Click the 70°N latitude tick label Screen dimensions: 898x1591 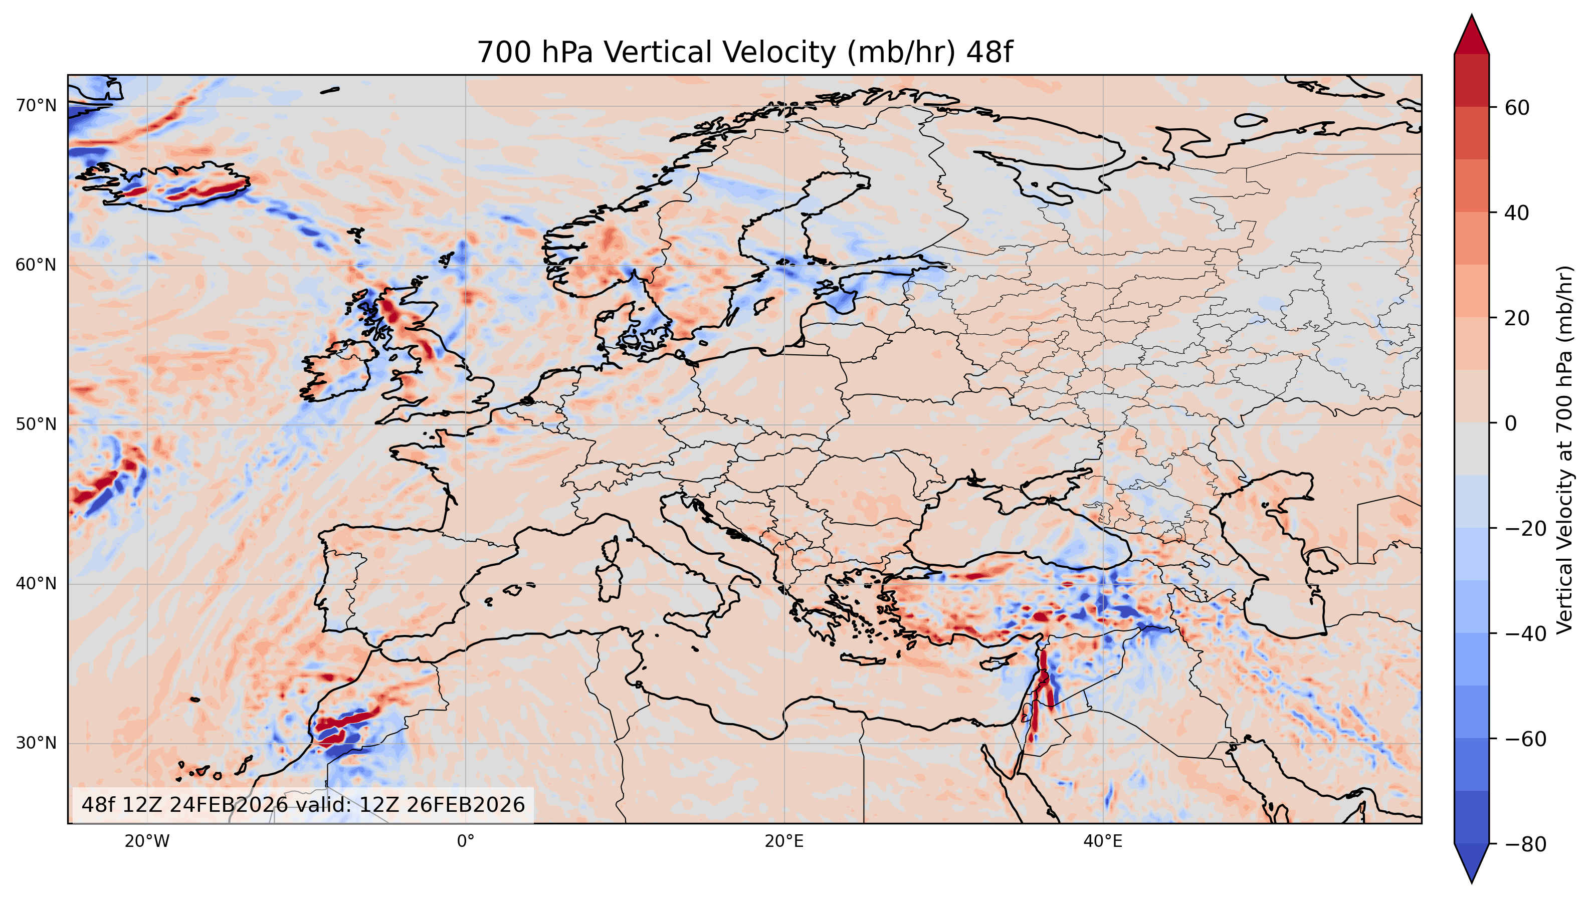36,106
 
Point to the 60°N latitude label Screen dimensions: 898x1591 36,265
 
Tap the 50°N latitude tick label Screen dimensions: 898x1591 36,424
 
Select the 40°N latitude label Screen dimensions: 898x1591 36,584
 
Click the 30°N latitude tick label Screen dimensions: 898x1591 36,743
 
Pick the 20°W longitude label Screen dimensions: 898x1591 147,842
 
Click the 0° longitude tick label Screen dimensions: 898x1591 466,842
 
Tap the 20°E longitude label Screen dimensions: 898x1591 784,842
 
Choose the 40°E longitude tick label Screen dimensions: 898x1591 1103,842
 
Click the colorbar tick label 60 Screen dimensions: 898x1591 1517,107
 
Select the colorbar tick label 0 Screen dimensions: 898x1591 1511,423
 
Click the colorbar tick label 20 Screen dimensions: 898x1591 1517,318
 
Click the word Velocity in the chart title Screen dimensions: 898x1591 715,53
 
